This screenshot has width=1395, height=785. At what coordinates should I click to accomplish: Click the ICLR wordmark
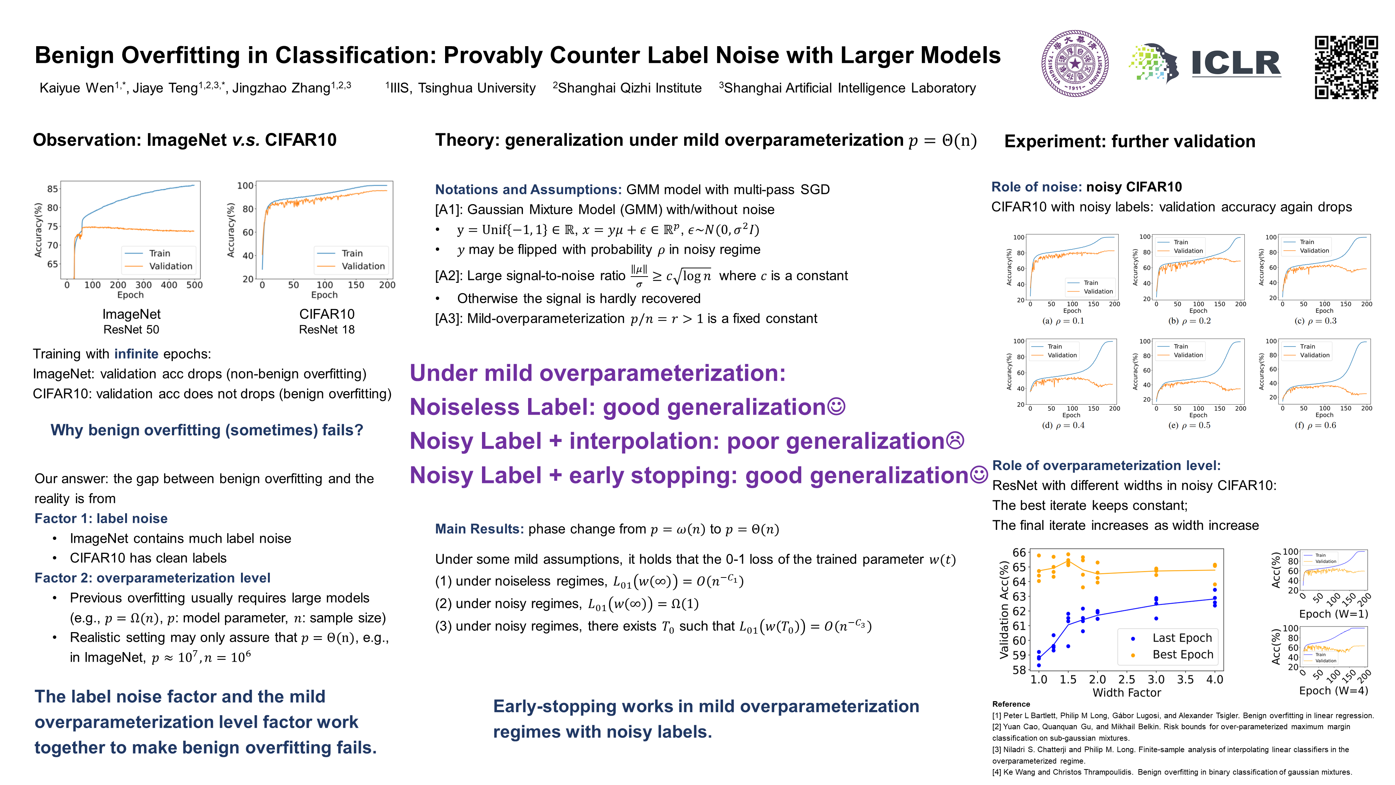[x=1236, y=64]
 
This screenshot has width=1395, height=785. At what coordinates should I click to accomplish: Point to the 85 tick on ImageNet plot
[x=52, y=189]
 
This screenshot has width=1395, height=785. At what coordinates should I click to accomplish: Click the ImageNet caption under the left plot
[x=132, y=314]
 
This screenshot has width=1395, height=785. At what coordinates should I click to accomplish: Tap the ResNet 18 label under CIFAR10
[x=327, y=329]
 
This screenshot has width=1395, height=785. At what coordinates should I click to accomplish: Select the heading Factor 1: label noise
[x=101, y=518]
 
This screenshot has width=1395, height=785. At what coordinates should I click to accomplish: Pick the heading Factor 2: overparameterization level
[x=152, y=578]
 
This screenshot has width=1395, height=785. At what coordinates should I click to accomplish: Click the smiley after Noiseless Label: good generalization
[x=837, y=406]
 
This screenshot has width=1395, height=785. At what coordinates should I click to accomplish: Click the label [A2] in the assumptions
[x=448, y=276]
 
